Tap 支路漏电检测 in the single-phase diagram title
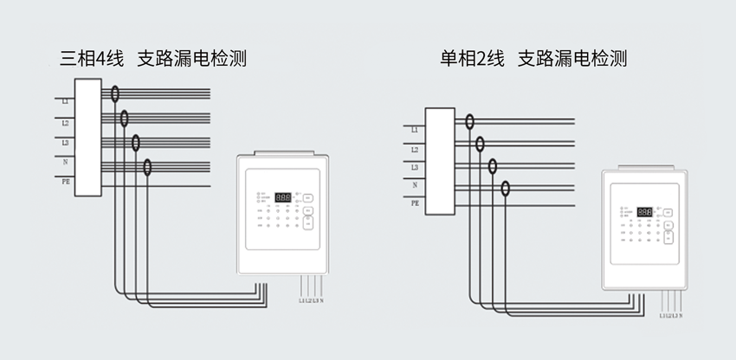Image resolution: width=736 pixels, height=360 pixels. pos(572,60)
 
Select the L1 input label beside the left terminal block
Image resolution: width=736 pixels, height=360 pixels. pos(66,102)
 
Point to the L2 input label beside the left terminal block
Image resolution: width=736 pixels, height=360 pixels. pos(66,123)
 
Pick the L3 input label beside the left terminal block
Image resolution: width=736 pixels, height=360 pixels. pos(66,142)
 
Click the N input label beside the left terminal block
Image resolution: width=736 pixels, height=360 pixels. pos(66,162)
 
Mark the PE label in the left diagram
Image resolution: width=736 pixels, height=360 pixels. pos(66,183)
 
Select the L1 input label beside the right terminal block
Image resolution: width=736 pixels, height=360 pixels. pos(416,130)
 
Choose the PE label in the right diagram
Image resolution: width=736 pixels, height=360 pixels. pos(416,202)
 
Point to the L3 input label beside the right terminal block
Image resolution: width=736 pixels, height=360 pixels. pos(416,167)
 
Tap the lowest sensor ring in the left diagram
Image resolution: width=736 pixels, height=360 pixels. pos(148,167)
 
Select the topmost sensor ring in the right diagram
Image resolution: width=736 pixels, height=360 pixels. pos(469,124)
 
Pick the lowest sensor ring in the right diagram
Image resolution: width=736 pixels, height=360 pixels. pos(506,188)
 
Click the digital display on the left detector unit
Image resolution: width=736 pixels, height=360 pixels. pos(282,197)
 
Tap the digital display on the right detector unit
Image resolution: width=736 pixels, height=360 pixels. pos(644,212)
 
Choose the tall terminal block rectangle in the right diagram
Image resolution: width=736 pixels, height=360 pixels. pos(439,161)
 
